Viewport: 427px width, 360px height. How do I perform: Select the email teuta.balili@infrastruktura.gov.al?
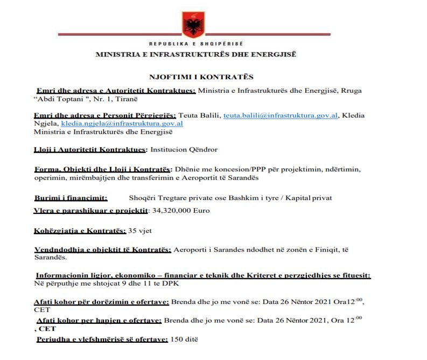(281, 115)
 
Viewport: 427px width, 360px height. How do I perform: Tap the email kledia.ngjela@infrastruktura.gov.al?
(122, 123)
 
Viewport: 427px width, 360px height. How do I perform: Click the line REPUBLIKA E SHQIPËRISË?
(196, 43)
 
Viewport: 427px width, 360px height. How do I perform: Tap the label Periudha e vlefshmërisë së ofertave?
(102, 340)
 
